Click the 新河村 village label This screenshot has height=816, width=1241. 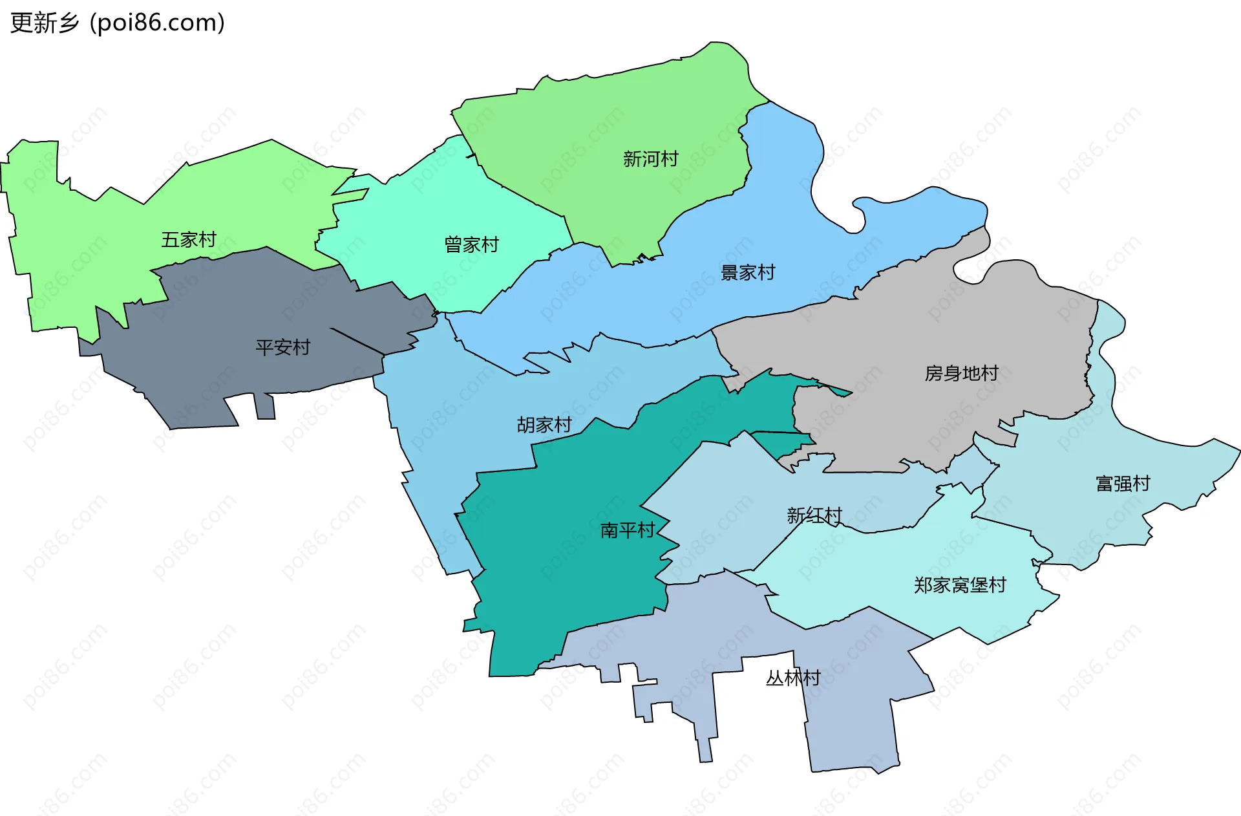coord(650,159)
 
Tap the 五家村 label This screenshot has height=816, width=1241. coord(189,240)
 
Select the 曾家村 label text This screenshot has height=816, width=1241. coord(472,245)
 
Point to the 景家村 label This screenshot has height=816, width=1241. coord(748,273)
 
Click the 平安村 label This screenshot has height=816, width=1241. coord(283,348)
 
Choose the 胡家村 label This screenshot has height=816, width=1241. coord(544,425)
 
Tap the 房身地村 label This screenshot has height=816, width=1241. coord(961,374)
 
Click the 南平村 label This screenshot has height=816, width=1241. coord(628,531)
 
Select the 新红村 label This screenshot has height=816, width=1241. coord(814,515)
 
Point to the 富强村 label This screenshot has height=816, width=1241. coord(1123,484)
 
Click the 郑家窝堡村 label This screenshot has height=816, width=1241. coord(960,585)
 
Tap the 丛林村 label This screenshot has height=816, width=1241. coord(793,678)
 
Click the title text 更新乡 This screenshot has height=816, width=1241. coord(45,23)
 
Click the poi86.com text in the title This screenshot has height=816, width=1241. coord(158,23)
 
